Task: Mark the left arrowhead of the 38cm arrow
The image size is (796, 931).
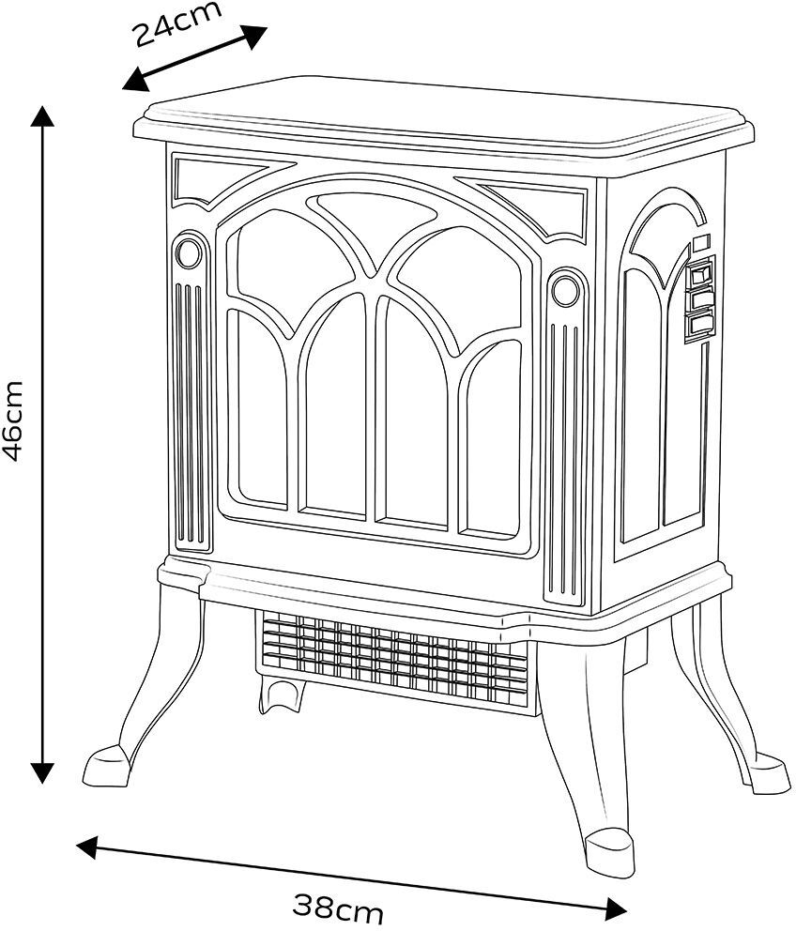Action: (87, 847)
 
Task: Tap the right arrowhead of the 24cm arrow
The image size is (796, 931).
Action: (255, 36)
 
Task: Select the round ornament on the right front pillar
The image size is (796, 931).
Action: (564, 289)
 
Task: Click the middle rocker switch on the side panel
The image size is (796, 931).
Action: (699, 298)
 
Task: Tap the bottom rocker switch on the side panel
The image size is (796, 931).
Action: (699, 325)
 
